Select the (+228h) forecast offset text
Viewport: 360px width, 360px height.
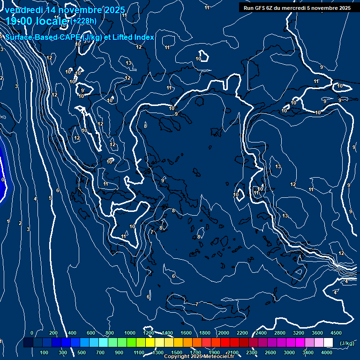[84, 21]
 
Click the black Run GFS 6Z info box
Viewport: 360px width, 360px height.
[297, 7]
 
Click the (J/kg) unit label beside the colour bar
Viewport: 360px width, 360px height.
[347, 343]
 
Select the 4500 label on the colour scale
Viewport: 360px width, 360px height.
[336, 333]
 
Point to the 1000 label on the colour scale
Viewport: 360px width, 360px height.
[129, 333]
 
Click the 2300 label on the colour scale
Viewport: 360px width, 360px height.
[252, 352]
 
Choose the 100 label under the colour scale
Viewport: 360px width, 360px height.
[45, 352]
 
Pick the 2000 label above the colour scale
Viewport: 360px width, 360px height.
[224, 333]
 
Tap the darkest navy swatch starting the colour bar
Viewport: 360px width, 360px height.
[28, 343]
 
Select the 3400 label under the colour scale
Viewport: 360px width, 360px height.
[308, 352]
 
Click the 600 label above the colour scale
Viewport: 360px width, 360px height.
[91, 333]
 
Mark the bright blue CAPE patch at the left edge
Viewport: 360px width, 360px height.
[3, 180]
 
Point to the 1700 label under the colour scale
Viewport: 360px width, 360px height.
[195, 352]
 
